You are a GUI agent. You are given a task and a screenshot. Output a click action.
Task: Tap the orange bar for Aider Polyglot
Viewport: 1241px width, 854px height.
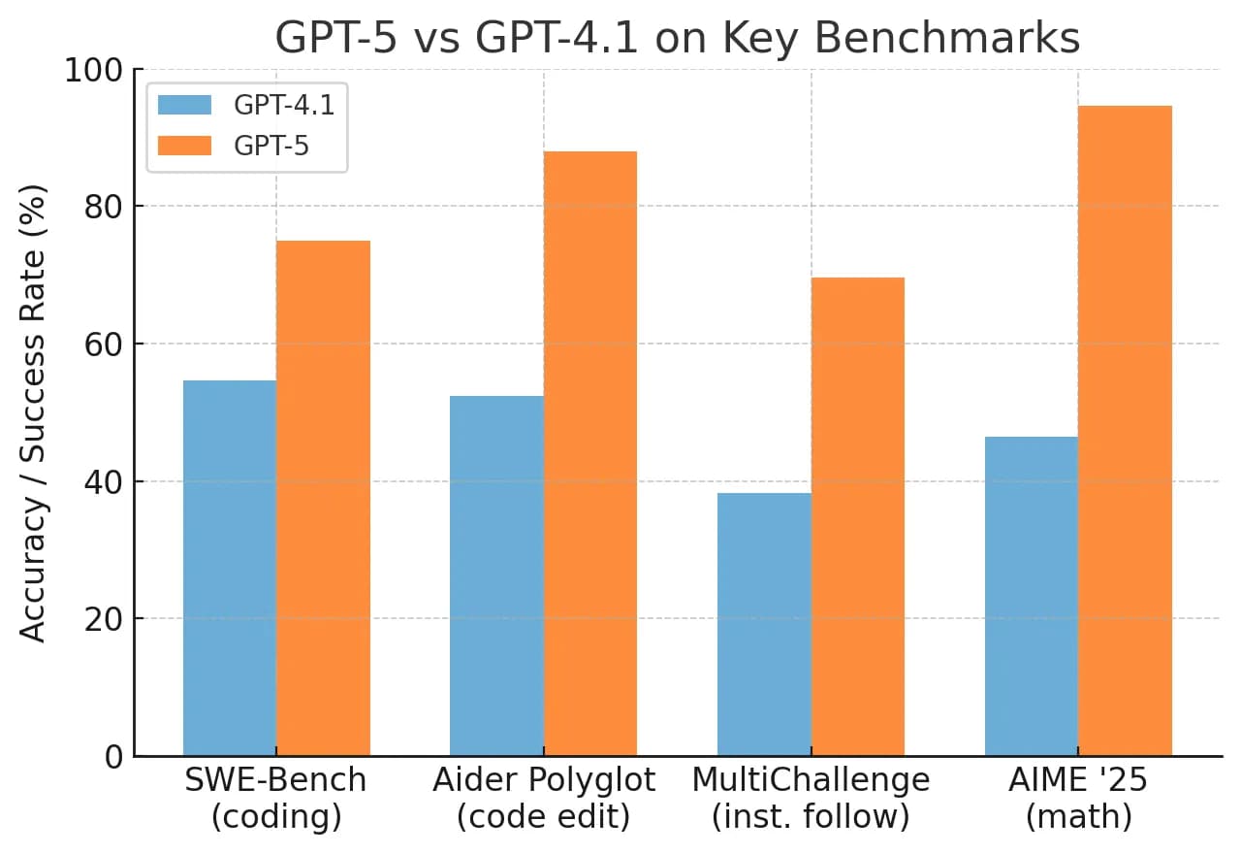pos(590,453)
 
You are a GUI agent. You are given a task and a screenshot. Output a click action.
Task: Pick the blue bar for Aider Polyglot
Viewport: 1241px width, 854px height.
pos(496,575)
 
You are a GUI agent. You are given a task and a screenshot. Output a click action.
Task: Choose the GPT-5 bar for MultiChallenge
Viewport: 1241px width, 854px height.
pos(858,516)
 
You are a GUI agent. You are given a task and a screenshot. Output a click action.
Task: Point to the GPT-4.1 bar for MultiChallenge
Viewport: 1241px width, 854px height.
pos(764,624)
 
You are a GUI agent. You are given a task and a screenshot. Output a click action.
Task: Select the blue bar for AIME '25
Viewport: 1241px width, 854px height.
pos(1032,596)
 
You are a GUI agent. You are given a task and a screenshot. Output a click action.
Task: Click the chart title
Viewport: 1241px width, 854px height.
pos(677,39)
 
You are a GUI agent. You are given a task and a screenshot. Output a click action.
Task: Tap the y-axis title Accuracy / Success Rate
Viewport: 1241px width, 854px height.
pos(35,412)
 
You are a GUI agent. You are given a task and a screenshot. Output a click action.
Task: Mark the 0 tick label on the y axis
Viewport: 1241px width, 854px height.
pos(113,756)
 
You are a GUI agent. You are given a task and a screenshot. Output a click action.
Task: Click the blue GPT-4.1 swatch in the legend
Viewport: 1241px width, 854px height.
pos(184,105)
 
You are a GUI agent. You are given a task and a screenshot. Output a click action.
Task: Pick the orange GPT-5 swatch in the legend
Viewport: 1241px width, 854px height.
pos(184,146)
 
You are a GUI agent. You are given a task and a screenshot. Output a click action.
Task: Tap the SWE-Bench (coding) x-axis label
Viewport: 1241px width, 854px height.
pos(276,798)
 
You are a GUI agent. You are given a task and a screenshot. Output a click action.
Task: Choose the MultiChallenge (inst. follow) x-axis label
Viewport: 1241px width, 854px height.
pos(811,798)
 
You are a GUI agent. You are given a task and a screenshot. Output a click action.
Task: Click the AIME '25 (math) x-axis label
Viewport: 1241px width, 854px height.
pos(1078,798)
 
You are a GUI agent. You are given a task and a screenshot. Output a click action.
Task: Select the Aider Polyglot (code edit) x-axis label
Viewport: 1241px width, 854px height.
pos(544,798)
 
